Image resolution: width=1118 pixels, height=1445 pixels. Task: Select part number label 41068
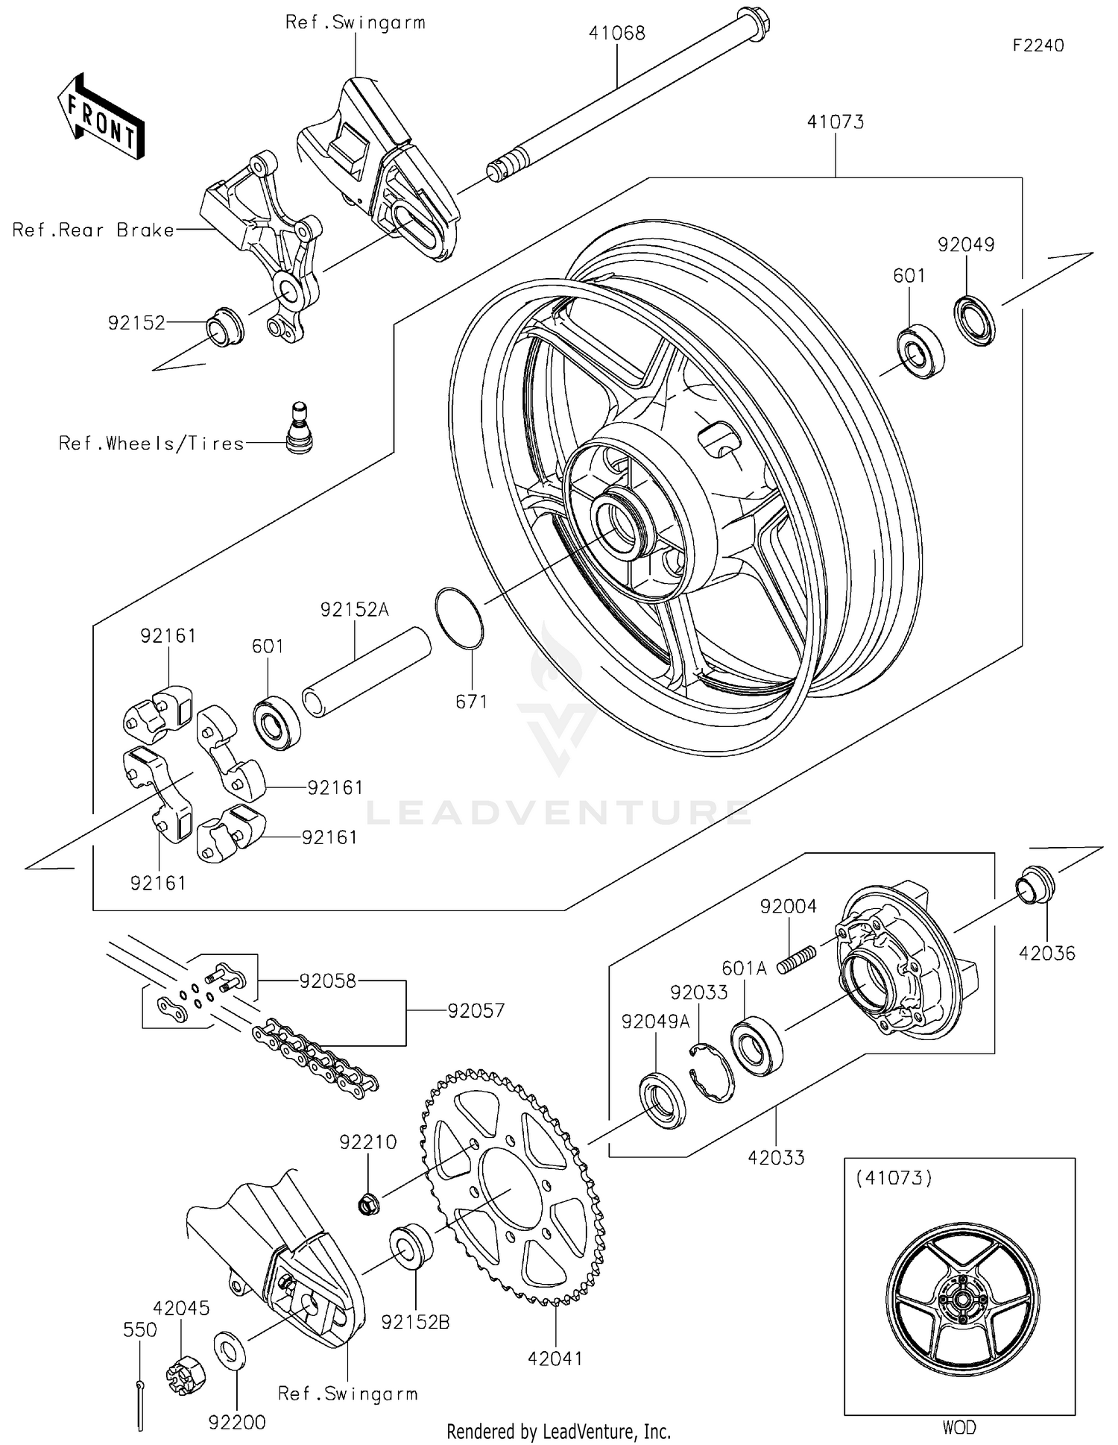pos(616,33)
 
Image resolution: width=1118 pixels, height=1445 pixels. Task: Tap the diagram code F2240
pos(1038,45)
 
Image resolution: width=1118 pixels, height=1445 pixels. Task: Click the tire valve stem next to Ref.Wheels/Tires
pos(300,429)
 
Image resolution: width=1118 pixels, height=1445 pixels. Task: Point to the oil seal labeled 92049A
pos(663,1099)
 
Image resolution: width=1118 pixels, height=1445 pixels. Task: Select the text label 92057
pos(476,1010)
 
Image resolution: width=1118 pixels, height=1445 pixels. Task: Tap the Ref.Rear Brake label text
pos(92,230)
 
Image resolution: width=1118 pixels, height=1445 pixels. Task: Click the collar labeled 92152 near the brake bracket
pos(224,326)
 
